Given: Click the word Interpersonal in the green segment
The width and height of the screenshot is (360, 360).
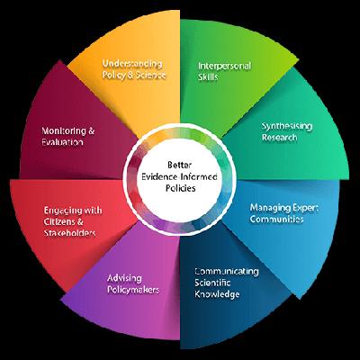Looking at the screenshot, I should tap(226, 66).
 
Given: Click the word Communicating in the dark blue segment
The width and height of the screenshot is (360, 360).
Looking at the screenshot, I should tap(227, 270).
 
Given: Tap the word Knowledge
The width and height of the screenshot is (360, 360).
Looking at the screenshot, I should tap(219, 293).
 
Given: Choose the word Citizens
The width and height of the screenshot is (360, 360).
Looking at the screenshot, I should tap(65, 222).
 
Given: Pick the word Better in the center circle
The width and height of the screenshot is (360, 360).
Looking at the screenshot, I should tap(181, 163).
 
